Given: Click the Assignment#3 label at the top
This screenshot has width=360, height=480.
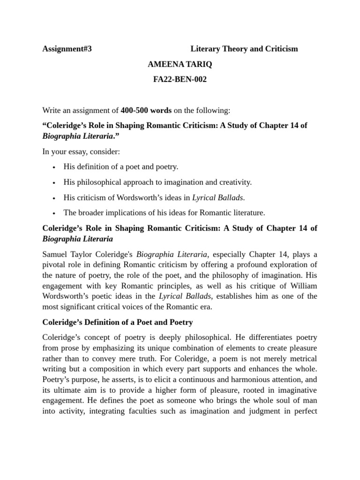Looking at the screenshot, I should click(67, 49).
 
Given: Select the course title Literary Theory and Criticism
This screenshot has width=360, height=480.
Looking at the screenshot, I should click(244, 49).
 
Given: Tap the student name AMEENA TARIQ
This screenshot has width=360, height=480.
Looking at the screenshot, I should click(180, 64).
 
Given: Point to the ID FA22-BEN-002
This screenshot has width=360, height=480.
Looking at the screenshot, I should click(180, 80).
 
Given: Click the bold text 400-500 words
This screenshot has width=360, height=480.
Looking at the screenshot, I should click(146, 111).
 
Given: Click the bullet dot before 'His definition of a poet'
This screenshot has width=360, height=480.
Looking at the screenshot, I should click(54, 167).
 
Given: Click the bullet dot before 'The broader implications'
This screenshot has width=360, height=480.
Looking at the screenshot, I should click(54, 213).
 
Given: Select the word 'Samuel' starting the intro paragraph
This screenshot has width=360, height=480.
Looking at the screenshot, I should click(55, 255).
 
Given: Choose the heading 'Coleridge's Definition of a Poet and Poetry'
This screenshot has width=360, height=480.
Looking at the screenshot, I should click(117, 322).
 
